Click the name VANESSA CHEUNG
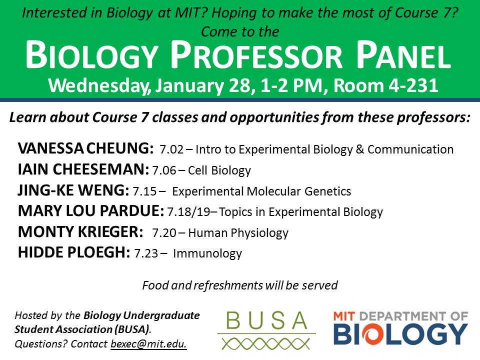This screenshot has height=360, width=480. (x=85, y=148)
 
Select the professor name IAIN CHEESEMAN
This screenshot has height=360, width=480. (x=83, y=169)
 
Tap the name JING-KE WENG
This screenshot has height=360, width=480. (x=73, y=190)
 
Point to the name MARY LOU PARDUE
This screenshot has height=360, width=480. (x=91, y=211)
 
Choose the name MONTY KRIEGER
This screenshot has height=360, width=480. (x=80, y=231)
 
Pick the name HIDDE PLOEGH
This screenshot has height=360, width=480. (x=74, y=252)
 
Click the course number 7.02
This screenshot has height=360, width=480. (x=171, y=149)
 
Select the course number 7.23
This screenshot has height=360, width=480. (x=146, y=253)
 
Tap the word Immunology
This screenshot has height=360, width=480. (x=207, y=254)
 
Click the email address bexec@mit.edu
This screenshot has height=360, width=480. (x=148, y=344)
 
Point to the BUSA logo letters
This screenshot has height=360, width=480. (x=266, y=320)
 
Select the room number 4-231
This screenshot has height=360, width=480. (x=413, y=85)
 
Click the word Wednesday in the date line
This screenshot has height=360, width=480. (x=99, y=86)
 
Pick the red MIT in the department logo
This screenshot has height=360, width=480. (x=344, y=316)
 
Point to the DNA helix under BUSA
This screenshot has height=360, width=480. (x=265, y=344)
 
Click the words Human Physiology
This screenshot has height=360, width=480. (x=238, y=233)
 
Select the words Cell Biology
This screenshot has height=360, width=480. (x=219, y=170)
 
